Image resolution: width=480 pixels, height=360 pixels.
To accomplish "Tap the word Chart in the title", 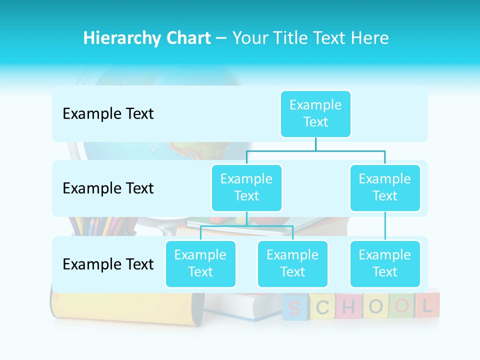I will pyautogui.click(x=188, y=38).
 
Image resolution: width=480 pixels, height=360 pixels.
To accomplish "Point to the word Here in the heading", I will pyautogui.click(x=370, y=38).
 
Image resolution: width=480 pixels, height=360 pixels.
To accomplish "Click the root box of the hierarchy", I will pyautogui.click(x=315, y=113).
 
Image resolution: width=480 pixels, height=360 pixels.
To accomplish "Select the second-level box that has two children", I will pyautogui.click(x=246, y=187).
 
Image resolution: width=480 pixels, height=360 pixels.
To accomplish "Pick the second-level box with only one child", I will pyautogui.click(x=385, y=187).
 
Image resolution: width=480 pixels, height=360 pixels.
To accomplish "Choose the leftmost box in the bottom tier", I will pyautogui.click(x=200, y=263).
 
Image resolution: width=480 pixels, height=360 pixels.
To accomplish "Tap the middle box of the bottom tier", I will pyautogui.click(x=292, y=263).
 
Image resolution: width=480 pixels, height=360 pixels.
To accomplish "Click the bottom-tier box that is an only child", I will pyautogui.click(x=385, y=263).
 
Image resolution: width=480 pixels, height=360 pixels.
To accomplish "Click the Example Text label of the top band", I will pyautogui.click(x=108, y=114).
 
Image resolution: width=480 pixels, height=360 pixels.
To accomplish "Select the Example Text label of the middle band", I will pyautogui.click(x=108, y=188).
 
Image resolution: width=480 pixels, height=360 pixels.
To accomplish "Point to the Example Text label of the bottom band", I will pyautogui.click(x=108, y=264).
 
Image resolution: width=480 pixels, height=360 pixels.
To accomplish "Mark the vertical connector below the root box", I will pyautogui.click(x=315, y=144).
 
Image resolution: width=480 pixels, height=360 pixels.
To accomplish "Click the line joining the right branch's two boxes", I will pyautogui.click(x=385, y=226).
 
